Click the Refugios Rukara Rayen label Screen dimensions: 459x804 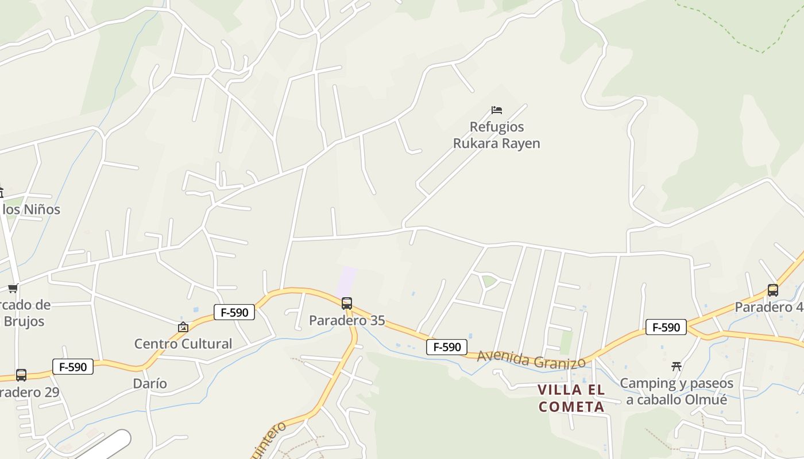497,135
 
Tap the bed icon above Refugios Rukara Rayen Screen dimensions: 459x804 497,110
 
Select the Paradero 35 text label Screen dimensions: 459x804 347,320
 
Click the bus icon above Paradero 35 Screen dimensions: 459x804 347,304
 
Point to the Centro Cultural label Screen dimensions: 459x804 183,344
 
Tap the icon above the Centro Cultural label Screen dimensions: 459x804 183,327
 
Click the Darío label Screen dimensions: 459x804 150,383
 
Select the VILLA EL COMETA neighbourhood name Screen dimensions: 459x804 571,398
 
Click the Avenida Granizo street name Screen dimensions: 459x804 531,360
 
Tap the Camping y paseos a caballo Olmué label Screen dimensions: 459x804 677,391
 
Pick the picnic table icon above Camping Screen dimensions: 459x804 677,366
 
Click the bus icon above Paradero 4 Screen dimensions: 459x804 773,290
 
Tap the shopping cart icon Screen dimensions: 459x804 13,288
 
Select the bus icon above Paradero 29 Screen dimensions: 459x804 21,375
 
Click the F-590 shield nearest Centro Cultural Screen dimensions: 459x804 234,312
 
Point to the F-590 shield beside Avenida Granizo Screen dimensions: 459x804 446,347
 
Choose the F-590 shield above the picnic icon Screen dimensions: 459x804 666,327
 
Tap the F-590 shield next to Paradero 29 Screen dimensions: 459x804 73,367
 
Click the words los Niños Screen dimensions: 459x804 32,209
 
